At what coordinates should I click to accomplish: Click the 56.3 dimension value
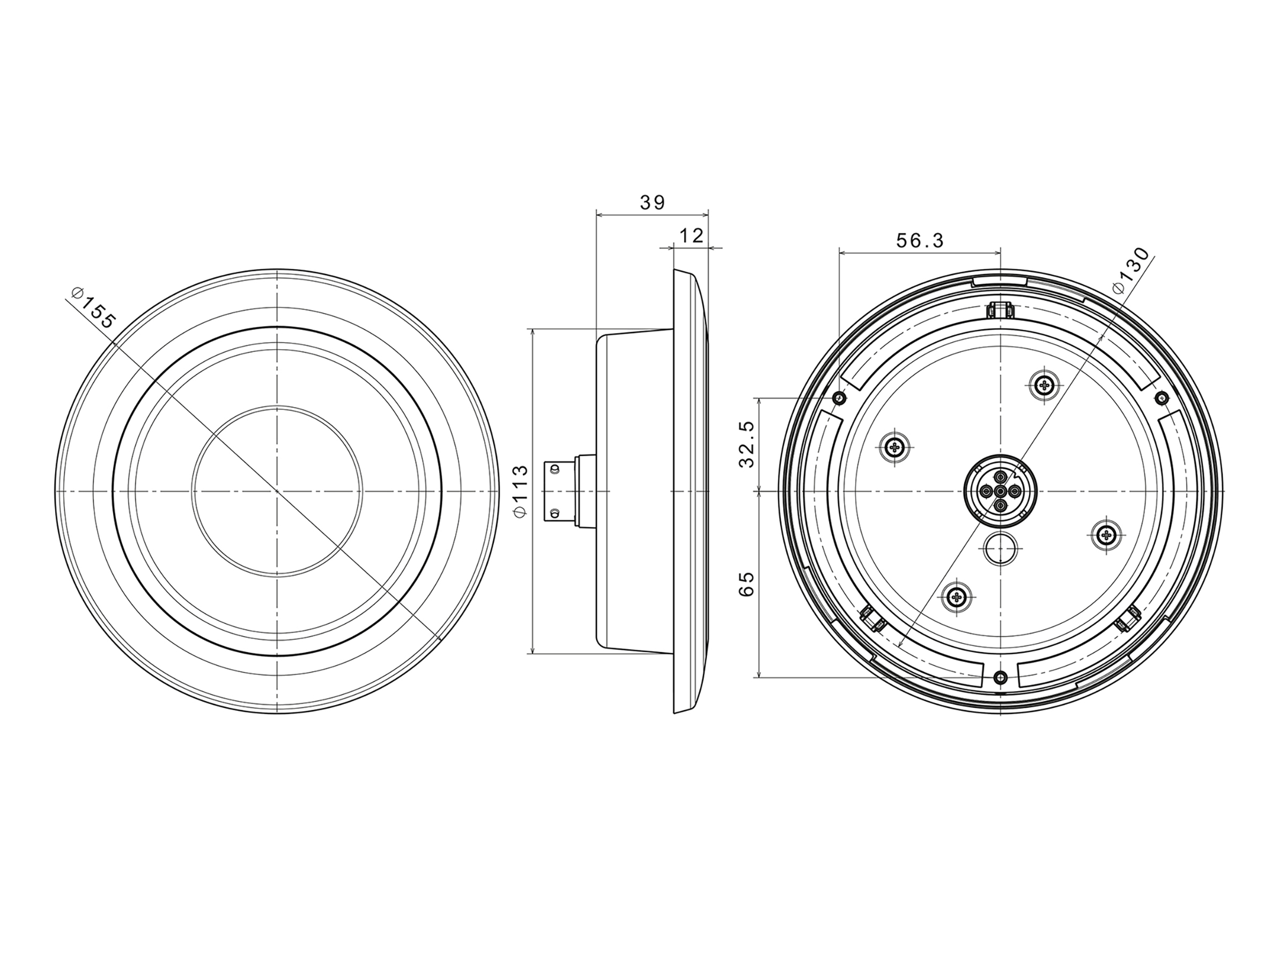(x=919, y=240)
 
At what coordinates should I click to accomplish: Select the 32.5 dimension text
(x=746, y=444)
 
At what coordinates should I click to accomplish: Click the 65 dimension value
(x=746, y=584)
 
